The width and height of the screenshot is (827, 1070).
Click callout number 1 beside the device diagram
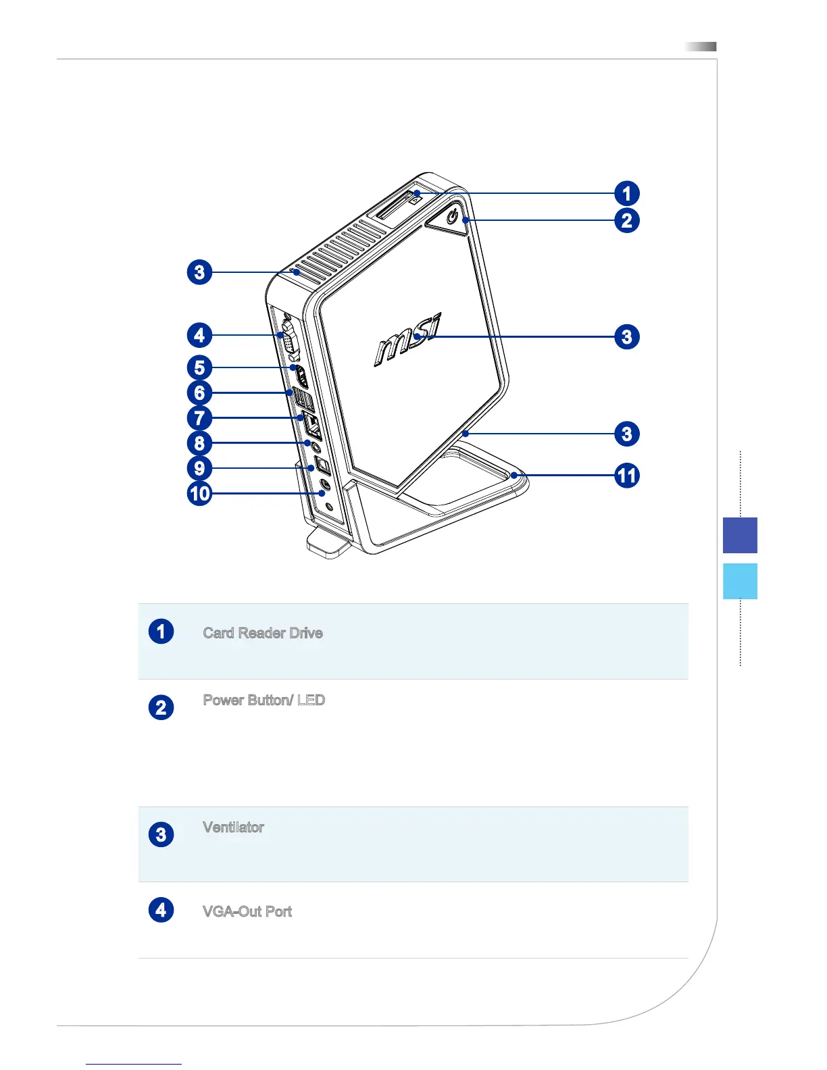point(626,194)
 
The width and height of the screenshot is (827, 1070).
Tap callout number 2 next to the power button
point(626,220)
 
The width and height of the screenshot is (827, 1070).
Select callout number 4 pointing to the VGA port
point(199,335)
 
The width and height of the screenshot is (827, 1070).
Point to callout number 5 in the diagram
point(199,367)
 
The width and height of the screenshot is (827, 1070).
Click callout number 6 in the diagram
point(199,392)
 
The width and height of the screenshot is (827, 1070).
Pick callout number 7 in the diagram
point(199,418)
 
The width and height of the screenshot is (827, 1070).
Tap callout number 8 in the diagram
point(199,443)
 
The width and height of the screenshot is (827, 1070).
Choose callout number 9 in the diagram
point(199,468)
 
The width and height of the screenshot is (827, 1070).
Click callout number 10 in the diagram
point(200,494)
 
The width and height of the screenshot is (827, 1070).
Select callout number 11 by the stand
point(626,476)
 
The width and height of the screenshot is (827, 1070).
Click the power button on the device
point(453,218)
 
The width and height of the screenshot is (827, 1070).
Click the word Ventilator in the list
point(233,827)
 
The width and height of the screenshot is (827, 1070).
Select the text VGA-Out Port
point(247,912)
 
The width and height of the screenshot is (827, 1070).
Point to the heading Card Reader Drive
point(263,634)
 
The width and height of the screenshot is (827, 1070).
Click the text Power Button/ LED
point(264,700)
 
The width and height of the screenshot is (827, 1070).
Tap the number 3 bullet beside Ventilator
point(161,834)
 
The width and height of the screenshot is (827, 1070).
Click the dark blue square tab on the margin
point(740,535)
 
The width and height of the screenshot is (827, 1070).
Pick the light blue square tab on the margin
point(740,581)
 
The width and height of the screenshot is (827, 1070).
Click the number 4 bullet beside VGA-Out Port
point(161,910)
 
